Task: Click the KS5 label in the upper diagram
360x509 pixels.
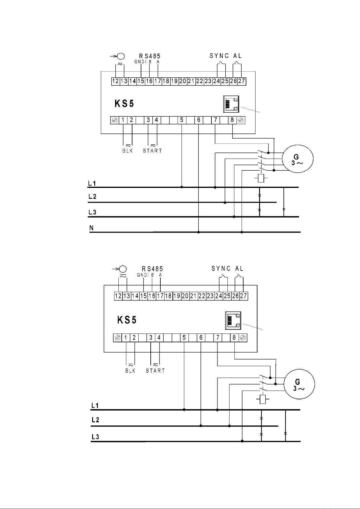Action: point(124,104)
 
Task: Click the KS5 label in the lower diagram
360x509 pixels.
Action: point(127,320)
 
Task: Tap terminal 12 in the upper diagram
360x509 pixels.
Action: point(116,81)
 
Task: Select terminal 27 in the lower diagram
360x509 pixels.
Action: point(243,296)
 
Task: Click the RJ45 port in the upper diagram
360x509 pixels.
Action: point(231,104)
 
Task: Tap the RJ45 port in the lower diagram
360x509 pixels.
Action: point(233,321)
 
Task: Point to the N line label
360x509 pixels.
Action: point(91,228)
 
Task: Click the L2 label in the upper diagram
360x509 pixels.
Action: point(92,197)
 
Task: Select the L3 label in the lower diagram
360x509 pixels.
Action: point(95,437)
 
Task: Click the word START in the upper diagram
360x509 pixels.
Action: point(153,151)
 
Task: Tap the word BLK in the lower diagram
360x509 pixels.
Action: point(130,371)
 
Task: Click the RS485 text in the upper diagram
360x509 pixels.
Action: point(150,56)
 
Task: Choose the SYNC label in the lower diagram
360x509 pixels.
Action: point(221,269)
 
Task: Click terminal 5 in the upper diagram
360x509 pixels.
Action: point(182,120)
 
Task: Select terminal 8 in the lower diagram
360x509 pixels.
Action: point(234,338)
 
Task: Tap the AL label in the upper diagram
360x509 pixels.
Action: point(237,56)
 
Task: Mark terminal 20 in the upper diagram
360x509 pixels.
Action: point(183,81)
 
